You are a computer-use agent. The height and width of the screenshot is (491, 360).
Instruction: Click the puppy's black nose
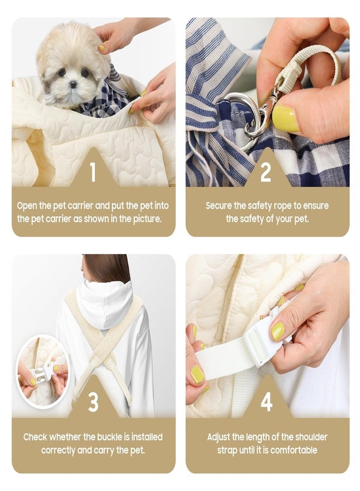(x=73, y=84)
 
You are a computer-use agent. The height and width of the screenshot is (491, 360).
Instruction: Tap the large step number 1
(x=93, y=172)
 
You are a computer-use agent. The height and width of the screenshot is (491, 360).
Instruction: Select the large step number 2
(x=266, y=172)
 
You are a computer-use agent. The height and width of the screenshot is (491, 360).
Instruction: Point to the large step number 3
(x=93, y=402)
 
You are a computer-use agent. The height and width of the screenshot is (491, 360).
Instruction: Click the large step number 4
(x=266, y=402)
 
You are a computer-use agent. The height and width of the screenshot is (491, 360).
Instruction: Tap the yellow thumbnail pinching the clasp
(x=285, y=119)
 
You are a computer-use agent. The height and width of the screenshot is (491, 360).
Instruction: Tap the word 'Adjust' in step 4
(x=219, y=437)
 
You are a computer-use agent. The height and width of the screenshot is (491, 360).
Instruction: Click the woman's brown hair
(x=106, y=268)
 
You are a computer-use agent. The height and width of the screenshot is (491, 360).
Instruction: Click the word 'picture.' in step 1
(x=147, y=219)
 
